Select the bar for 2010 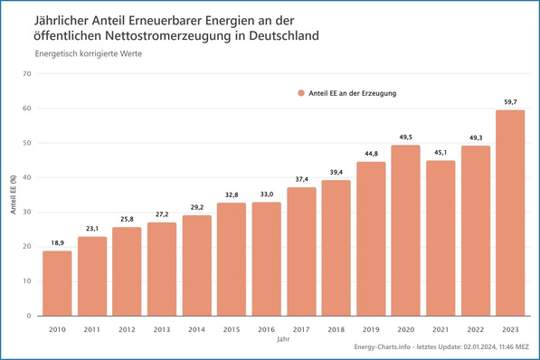(x=57, y=283)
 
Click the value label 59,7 (x=510, y=102)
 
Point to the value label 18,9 (x=57, y=243)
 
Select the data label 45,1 (x=441, y=153)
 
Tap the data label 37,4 (x=301, y=179)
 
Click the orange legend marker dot (x=300, y=92)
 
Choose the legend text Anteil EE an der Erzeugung (x=354, y=92)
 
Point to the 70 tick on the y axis (x=27, y=74)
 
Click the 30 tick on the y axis (x=27, y=212)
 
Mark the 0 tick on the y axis (x=30, y=316)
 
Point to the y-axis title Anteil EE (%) (x=13, y=194)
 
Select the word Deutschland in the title (x=270, y=35)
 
